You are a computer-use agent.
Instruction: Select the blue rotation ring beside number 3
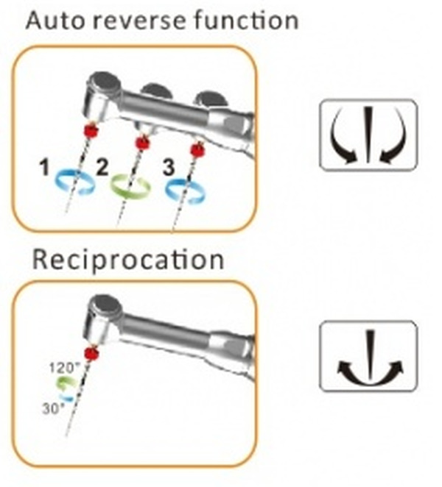pos(183,189)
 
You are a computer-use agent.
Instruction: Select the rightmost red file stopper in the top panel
pos(197,151)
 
